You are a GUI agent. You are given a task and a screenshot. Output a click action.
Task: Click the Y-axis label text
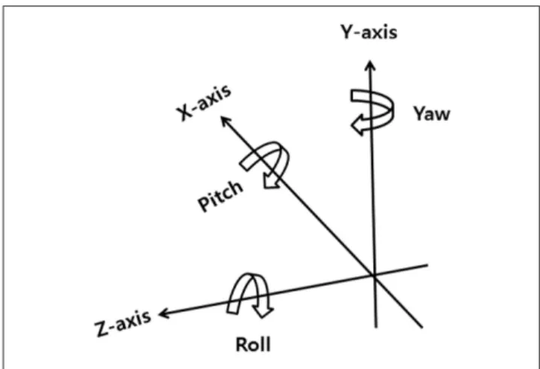(369, 32)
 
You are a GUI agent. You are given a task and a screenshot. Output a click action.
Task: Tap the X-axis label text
(204, 102)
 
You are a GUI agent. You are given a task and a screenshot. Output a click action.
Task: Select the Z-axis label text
(123, 323)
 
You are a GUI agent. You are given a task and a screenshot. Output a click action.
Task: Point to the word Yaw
(432, 113)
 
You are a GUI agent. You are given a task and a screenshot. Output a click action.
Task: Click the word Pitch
(220, 195)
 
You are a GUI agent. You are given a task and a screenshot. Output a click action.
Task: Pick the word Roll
(253, 344)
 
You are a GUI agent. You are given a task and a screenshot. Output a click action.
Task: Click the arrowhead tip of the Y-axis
(370, 61)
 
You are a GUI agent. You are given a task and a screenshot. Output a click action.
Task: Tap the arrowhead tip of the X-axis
(221, 116)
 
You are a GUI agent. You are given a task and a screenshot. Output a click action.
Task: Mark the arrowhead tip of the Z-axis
(159, 314)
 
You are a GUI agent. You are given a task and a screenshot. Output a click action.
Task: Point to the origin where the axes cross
(374, 275)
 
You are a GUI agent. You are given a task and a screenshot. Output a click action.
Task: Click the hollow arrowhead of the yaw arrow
(358, 126)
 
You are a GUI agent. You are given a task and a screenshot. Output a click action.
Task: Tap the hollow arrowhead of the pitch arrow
(271, 180)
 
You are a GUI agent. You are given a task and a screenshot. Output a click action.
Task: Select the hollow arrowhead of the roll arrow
(263, 312)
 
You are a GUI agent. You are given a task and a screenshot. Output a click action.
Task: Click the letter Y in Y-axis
(347, 32)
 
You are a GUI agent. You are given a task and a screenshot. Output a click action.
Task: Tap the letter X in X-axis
(184, 113)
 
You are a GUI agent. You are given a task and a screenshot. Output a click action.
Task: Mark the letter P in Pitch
(204, 204)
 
